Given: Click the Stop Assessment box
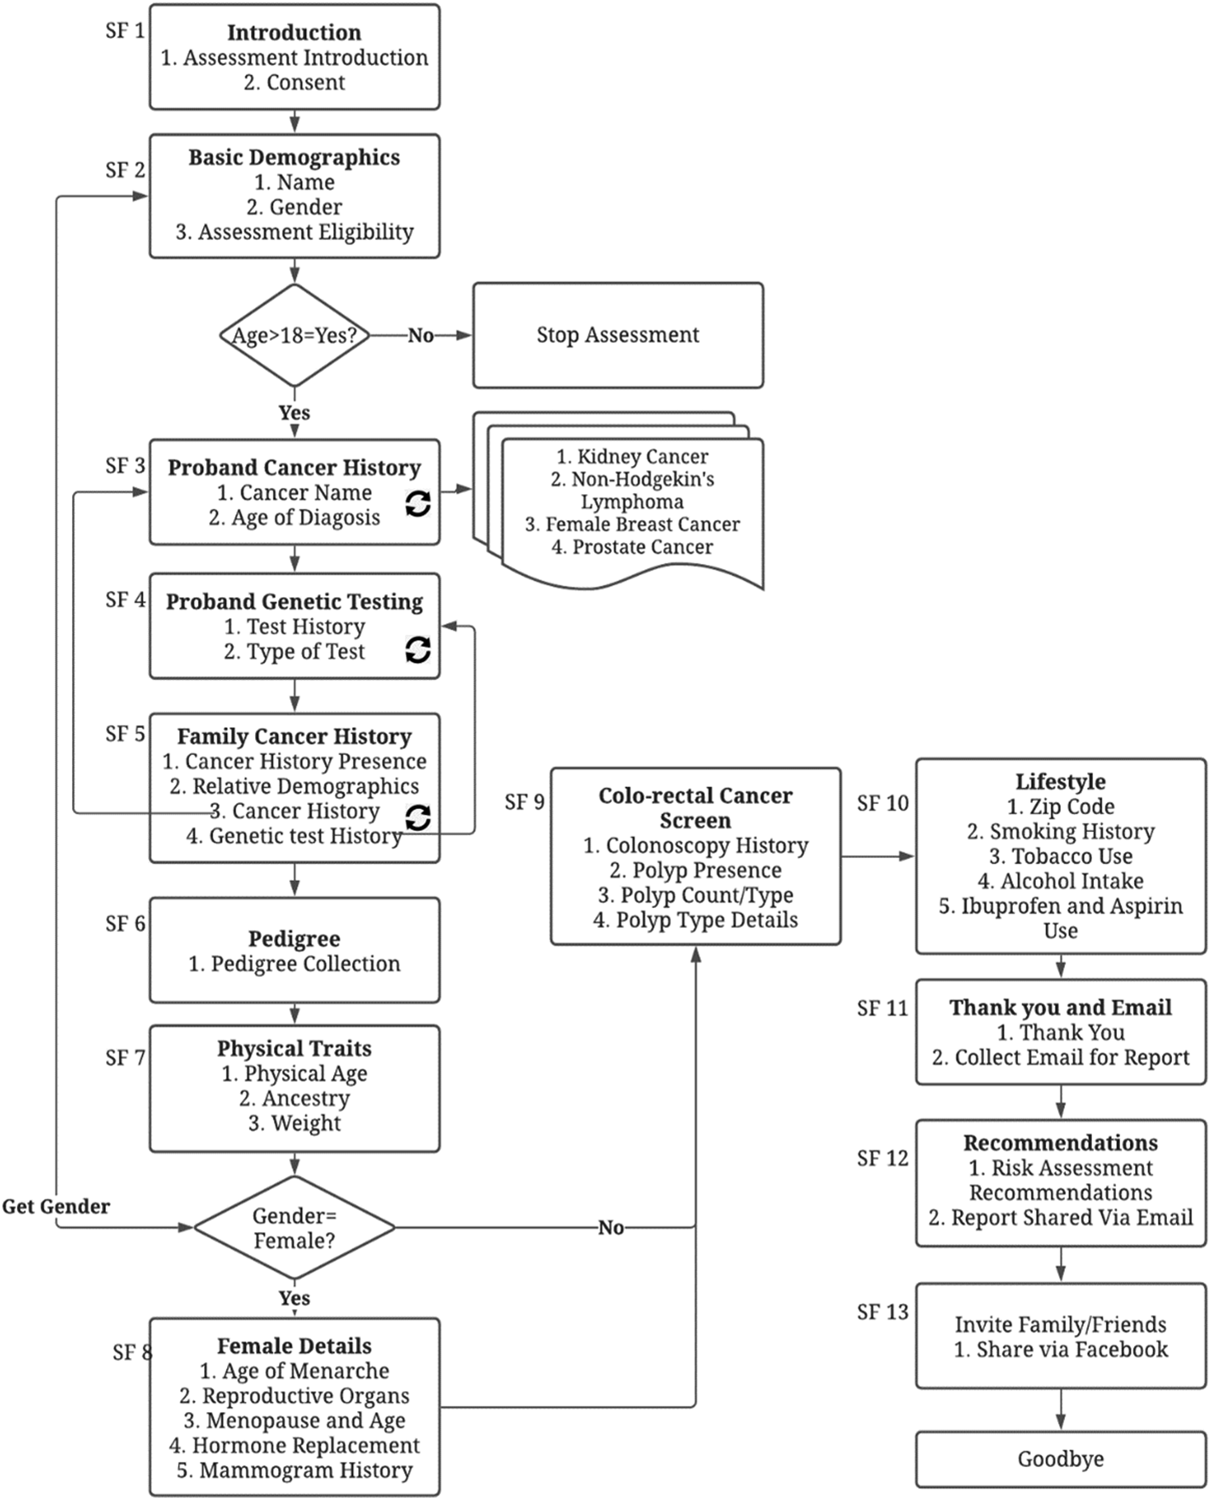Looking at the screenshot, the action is click(618, 335).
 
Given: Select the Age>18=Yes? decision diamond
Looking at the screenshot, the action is click(295, 335).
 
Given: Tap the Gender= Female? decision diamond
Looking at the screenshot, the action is click(295, 1228).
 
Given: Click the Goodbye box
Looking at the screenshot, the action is click(1060, 1459).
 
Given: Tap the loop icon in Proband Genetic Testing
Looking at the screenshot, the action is click(418, 649).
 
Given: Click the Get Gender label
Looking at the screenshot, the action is click(56, 1206).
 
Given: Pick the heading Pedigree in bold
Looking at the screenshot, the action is click(295, 939).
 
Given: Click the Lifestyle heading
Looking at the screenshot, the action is click(1060, 781).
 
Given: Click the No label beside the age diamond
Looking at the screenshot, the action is click(421, 336).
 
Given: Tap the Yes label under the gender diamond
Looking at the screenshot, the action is click(295, 1299).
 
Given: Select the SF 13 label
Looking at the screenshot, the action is click(883, 1312).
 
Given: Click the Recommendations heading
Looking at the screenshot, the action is click(1060, 1143).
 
